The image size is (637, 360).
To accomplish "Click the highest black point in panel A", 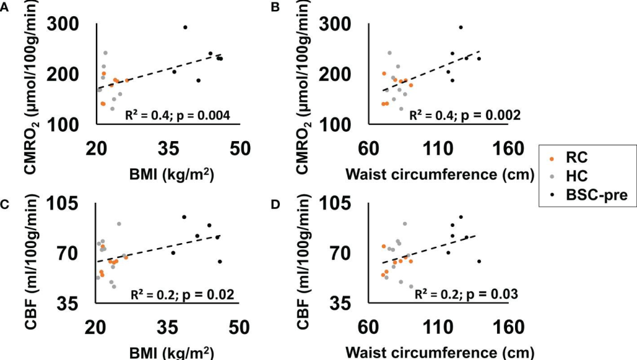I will coord(185,27).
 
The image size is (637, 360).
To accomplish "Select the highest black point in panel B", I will coord(460,27).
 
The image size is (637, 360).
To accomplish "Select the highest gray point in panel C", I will coord(119,224).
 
